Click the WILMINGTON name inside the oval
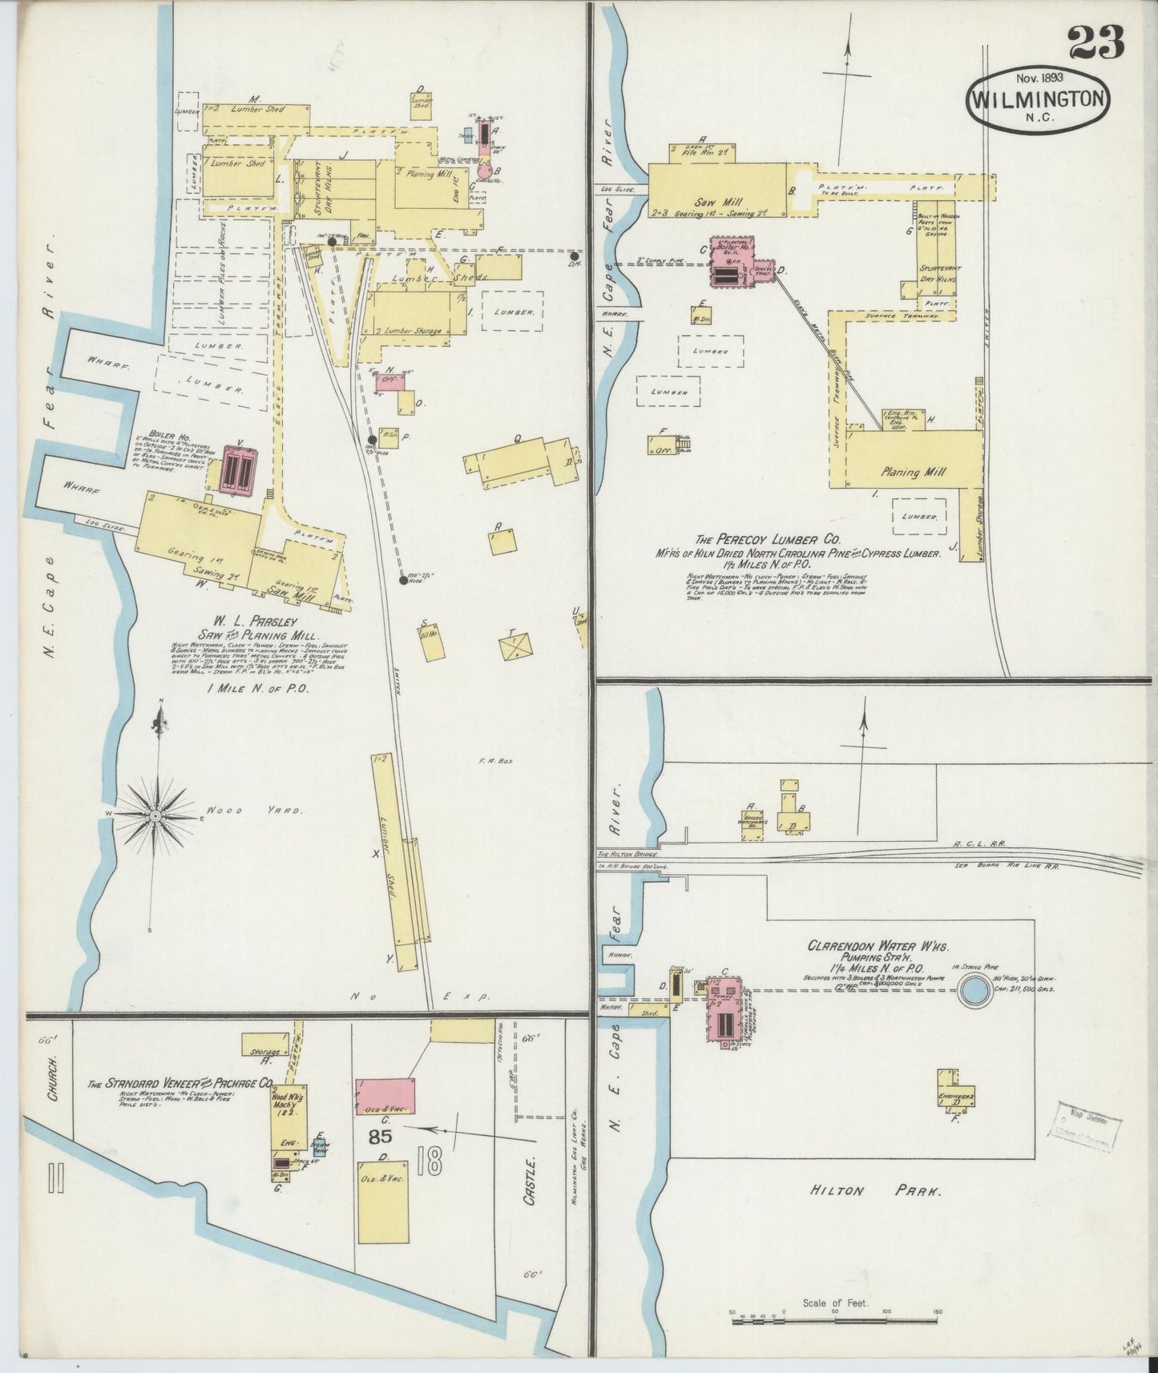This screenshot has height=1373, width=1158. coord(1039,99)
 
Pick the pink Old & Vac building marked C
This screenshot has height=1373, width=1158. coord(385,1095)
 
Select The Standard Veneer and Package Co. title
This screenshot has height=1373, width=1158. coord(181,1085)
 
